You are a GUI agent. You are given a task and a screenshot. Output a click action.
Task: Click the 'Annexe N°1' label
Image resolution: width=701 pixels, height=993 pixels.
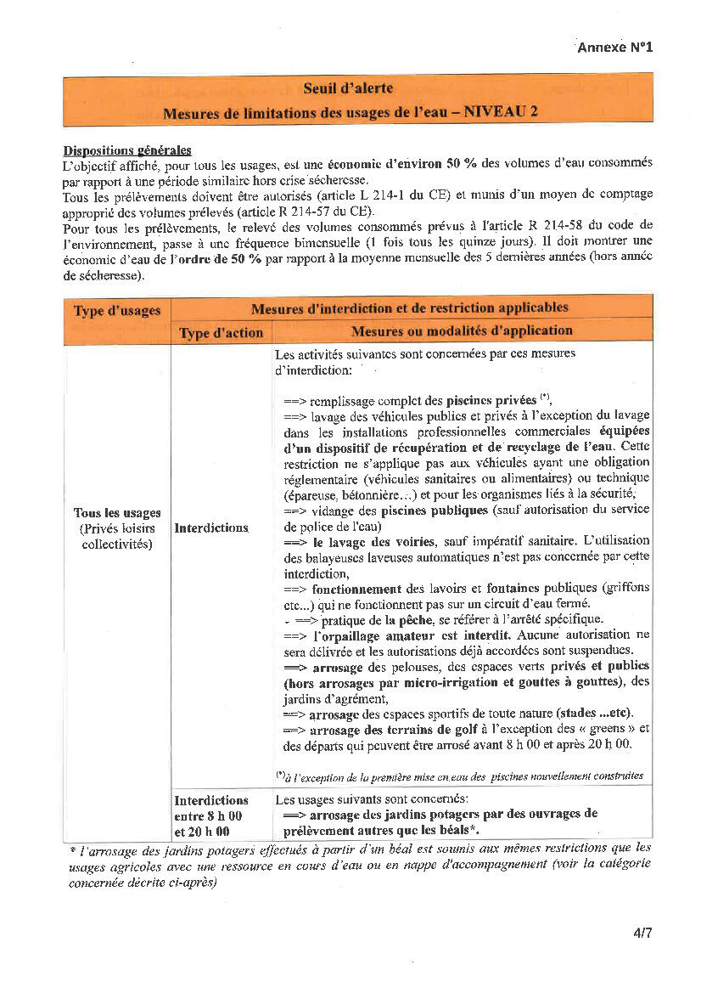pyautogui.click(x=614, y=48)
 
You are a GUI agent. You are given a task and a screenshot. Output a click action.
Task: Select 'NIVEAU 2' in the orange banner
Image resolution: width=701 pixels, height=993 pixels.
pyautogui.click(x=500, y=112)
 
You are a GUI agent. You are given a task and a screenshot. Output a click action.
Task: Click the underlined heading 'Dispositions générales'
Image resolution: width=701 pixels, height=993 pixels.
pyautogui.click(x=127, y=150)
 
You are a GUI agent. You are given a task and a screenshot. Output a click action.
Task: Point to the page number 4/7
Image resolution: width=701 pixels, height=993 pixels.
pyautogui.click(x=642, y=933)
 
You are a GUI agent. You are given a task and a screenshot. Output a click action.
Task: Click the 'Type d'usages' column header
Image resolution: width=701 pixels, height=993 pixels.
pyautogui.click(x=117, y=311)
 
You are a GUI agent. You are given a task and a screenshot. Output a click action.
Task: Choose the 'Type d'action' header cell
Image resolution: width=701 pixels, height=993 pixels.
pyautogui.click(x=221, y=332)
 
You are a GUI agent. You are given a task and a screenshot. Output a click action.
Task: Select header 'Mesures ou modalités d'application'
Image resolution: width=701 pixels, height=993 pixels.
pyautogui.click(x=462, y=330)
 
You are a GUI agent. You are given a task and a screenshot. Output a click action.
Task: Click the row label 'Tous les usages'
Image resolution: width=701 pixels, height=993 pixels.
pyautogui.click(x=117, y=513)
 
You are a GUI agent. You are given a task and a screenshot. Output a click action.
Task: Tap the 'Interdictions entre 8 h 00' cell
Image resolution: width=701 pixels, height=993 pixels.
pyautogui.click(x=211, y=815)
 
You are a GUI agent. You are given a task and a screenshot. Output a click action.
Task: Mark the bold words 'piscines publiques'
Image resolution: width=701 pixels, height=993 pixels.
pyautogui.click(x=435, y=510)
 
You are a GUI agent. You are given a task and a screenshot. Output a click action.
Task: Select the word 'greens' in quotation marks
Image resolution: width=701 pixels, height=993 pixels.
pyautogui.click(x=606, y=730)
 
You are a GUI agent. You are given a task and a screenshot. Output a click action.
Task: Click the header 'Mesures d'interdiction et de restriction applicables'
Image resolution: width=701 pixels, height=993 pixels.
pyautogui.click(x=410, y=307)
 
